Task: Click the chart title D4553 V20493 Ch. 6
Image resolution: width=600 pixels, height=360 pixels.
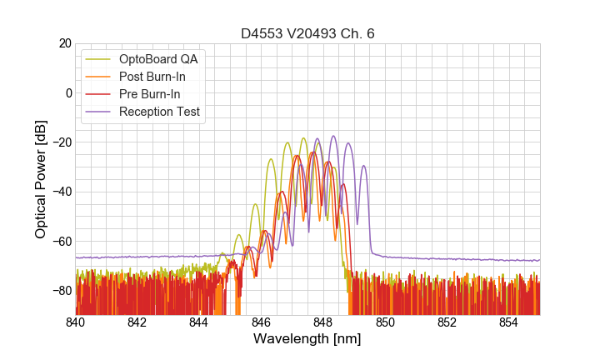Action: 307,33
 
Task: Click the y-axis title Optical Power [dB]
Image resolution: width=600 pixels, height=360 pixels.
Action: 41,179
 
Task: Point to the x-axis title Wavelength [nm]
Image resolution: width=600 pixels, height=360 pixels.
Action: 307,339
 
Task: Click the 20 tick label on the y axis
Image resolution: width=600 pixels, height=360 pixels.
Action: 64,43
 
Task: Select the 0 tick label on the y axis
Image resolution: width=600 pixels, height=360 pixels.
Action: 68,92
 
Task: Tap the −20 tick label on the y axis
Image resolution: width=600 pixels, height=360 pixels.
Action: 60,142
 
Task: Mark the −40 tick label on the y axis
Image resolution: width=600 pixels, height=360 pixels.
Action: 60,192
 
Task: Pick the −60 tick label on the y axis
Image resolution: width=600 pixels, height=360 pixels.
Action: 60,242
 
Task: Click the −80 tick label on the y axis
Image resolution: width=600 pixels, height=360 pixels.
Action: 60,291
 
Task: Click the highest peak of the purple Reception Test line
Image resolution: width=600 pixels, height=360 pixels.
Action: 333,136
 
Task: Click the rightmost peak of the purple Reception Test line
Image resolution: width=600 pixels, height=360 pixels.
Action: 363,166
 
